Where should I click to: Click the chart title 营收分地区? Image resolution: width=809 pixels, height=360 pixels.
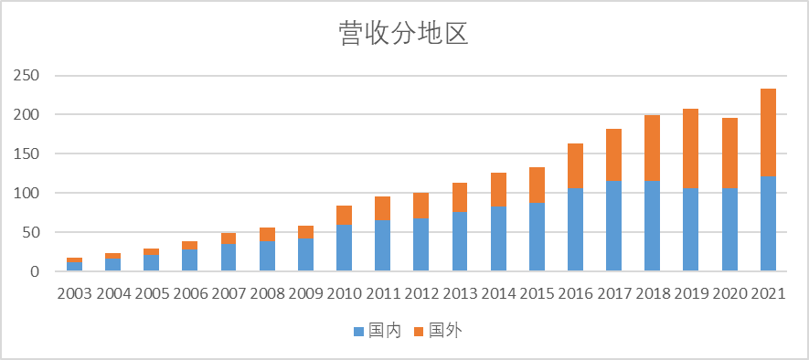(403, 34)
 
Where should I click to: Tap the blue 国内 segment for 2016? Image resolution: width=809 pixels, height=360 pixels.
(576, 229)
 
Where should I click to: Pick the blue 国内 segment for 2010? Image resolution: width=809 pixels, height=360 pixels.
(345, 248)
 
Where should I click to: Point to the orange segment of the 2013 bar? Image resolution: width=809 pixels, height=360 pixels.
(460, 197)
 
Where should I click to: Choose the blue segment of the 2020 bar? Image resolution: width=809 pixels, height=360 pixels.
(729, 229)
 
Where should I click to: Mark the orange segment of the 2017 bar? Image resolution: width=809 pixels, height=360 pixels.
(614, 154)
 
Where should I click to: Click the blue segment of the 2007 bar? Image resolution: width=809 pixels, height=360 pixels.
(229, 258)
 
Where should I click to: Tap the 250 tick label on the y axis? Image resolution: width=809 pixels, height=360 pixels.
(27, 76)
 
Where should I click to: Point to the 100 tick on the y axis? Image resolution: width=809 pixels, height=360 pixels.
(27, 193)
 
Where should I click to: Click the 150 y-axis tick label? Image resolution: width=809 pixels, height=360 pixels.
(27, 154)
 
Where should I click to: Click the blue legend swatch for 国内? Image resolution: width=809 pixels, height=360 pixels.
(358, 330)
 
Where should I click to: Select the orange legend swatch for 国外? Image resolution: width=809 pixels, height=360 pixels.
(420, 330)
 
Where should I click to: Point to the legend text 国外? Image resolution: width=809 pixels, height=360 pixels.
(445, 330)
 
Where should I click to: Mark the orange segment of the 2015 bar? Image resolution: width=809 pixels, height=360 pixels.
(538, 185)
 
